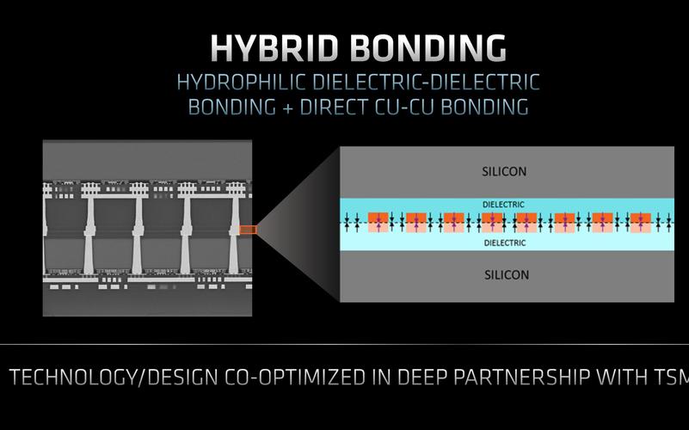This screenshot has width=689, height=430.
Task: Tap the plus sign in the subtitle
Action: point(288,107)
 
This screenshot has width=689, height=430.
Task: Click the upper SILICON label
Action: point(504,171)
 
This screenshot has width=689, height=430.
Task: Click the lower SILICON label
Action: point(507,275)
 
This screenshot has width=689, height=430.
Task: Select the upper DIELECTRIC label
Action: point(503,205)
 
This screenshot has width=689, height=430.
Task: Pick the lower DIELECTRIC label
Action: point(505,243)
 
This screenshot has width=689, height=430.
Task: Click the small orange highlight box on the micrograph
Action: point(249,230)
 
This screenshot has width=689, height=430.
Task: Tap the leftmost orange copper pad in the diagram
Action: point(378,223)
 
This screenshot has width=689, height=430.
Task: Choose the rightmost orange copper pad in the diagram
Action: point(641,223)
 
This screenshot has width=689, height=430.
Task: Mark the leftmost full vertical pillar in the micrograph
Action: point(89,235)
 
